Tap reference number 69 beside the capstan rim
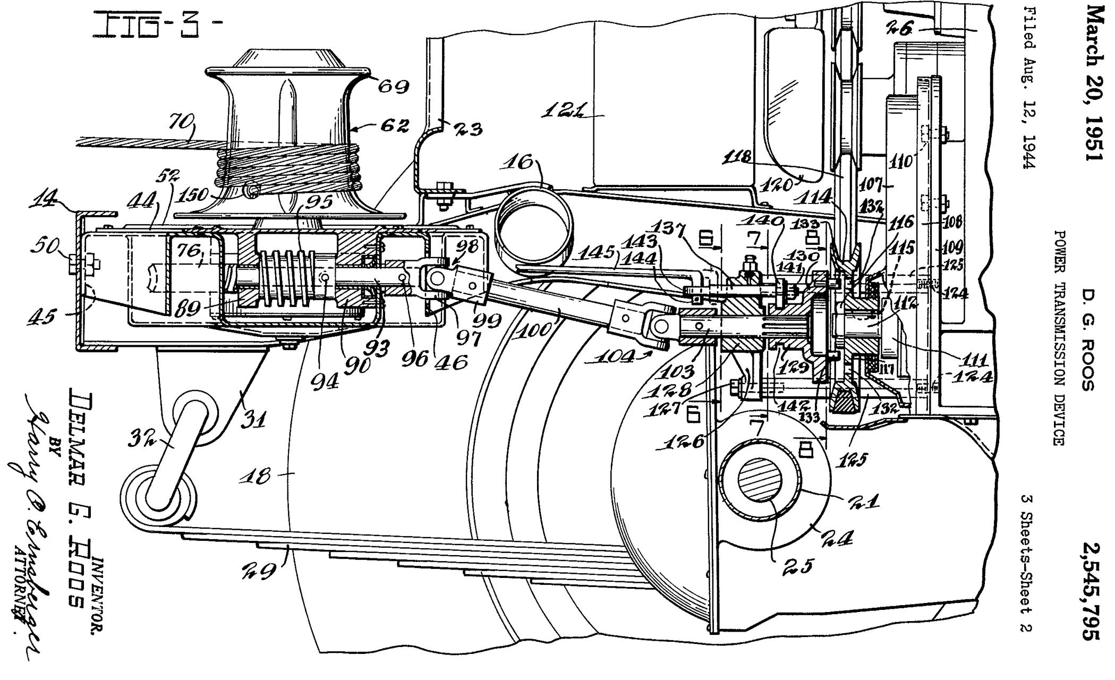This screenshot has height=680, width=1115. [x=393, y=86]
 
